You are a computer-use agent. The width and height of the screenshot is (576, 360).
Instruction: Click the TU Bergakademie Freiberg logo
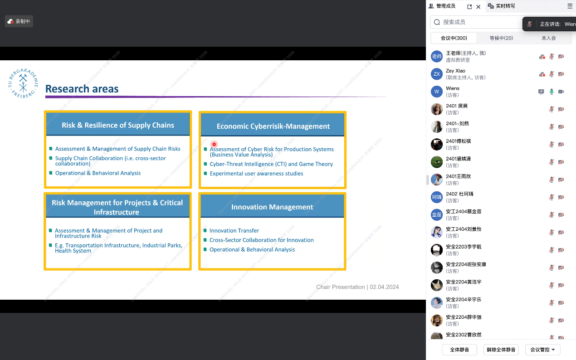click(23, 83)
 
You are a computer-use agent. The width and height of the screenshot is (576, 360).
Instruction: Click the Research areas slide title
click(82, 89)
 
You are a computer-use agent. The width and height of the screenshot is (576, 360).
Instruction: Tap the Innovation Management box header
click(272, 207)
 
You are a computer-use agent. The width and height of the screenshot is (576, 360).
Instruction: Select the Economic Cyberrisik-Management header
click(273, 126)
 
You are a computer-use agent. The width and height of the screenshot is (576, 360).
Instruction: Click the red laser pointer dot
click(214, 144)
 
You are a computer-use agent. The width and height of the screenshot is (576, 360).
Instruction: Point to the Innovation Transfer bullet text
click(234, 231)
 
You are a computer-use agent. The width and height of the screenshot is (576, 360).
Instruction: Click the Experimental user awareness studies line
click(256, 174)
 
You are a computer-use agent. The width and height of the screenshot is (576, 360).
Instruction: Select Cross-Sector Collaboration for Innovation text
click(261, 240)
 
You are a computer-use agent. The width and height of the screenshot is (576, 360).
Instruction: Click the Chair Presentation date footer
click(357, 287)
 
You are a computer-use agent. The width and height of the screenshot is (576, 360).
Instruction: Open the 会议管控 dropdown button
click(542, 350)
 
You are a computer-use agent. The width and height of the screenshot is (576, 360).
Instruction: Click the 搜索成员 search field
click(476, 22)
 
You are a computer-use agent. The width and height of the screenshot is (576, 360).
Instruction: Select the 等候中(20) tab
click(501, 38)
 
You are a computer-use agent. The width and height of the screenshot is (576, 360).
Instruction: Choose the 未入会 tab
click(548, 38)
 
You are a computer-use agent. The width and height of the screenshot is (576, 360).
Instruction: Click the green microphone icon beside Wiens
click(552, 92)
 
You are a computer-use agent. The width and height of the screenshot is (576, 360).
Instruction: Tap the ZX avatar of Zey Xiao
click(437, 74)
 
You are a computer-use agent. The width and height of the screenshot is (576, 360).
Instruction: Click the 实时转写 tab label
click(505, 6)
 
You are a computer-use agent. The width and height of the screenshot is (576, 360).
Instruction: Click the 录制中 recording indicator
click(19, 21)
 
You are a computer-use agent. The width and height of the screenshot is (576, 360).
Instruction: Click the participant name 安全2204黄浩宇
click(464, 282)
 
